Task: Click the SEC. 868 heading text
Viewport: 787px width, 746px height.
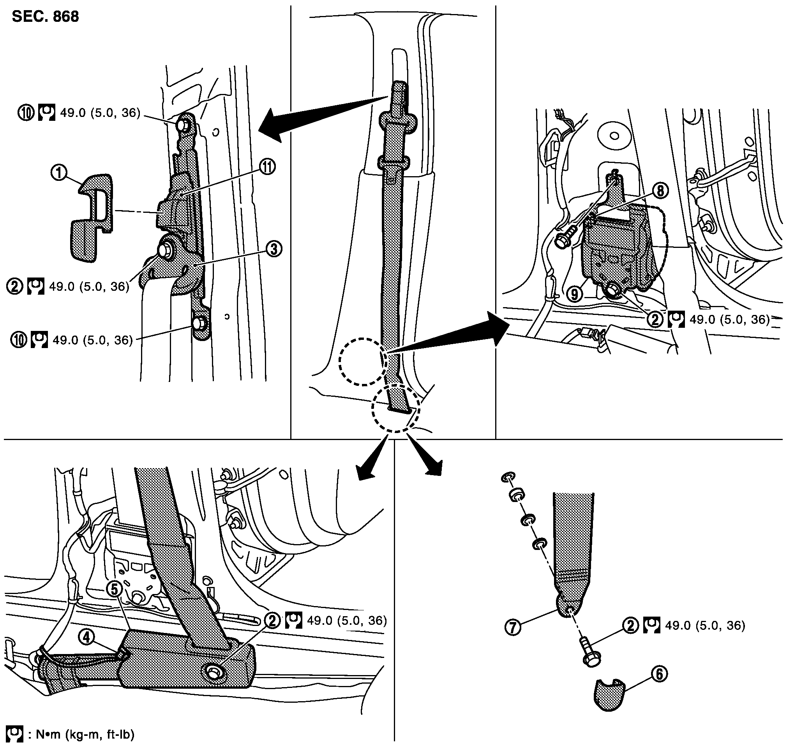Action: pos(45,17)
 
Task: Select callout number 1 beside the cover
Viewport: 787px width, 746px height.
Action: pos(59,173)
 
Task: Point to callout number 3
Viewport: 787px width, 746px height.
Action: pos(274,249)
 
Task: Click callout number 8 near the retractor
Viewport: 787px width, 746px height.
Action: pos(660,191)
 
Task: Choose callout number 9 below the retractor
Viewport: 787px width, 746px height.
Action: pos(575,294)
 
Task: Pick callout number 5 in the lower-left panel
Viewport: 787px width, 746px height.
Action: pos(115,589)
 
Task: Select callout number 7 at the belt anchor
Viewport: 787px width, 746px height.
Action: pos(512,627)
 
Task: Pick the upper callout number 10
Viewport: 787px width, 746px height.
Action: pos(25,113)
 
